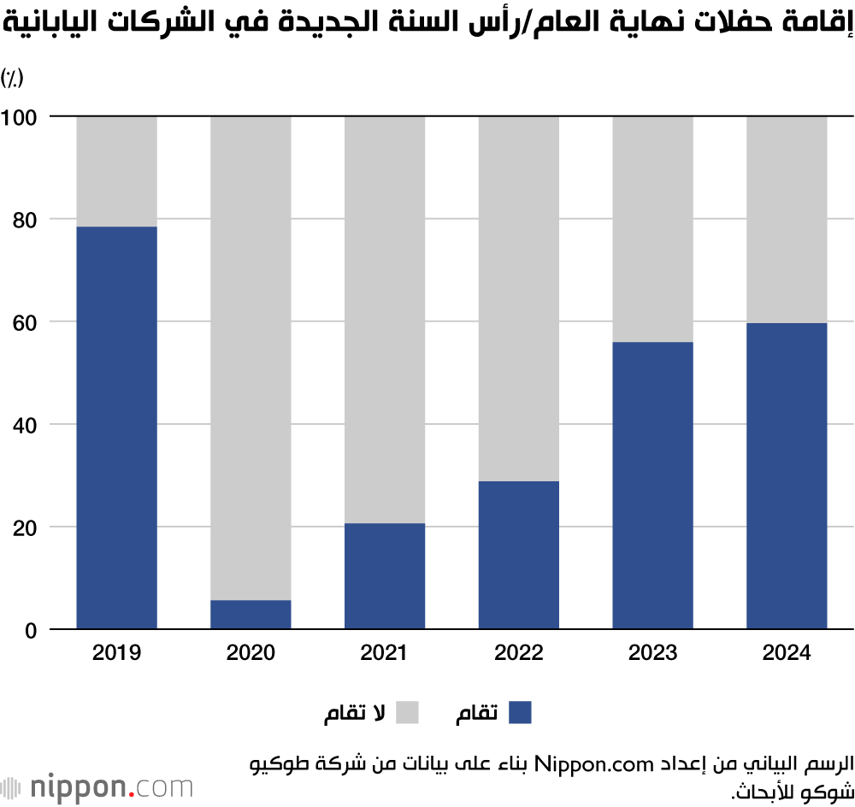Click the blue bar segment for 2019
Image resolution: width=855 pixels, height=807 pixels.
pos(117,427)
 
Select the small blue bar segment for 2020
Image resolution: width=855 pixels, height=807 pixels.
pos(251,615)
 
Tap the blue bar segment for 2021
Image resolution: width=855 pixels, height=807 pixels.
pos(385,576)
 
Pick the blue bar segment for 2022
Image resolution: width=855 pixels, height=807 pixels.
pos(518,555)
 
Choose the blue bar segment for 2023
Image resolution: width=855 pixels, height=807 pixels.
pos(652,486)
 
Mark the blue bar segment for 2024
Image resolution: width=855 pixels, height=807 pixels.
pos(787,476)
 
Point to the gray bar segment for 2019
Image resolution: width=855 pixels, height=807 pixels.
pos(117,171)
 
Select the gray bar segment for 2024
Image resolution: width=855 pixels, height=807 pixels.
pos(787,219)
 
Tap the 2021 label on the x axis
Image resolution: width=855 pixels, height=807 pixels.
pos(385,654)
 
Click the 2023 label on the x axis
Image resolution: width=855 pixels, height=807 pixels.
pos(652,654)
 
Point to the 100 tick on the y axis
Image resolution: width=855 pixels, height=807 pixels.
pos(18,116)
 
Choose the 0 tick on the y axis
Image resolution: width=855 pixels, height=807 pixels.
pos(30,631)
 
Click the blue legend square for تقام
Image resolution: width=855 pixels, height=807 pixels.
pos(520,712)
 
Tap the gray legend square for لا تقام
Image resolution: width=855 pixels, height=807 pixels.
pos(407,712)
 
